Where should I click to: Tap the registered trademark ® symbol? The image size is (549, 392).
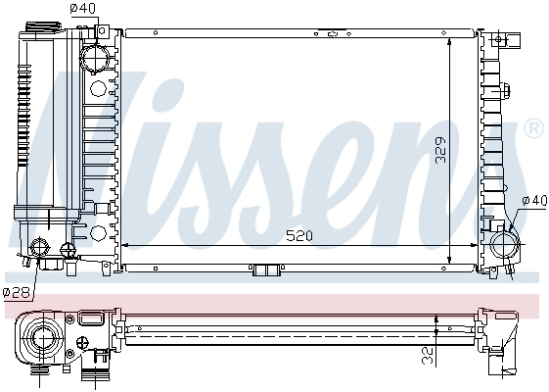coord(533,128)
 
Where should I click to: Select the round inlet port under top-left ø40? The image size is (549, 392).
coord(95,59)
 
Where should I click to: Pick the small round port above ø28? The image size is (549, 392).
coord(42,247)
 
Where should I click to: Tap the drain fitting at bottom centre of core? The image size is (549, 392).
coord(265,270)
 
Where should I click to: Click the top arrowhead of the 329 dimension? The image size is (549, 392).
coord(447,40)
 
